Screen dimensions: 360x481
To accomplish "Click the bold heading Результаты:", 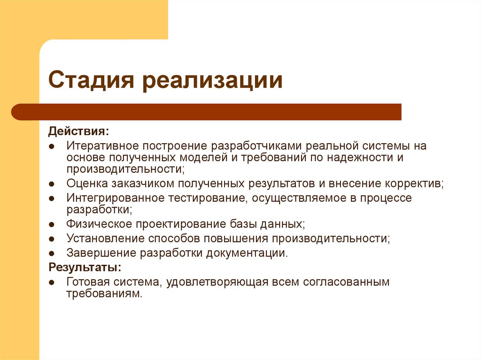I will pyautogui.click(x=85, y=268).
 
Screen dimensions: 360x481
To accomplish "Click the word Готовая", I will pyautogui.click(x=89, y=283).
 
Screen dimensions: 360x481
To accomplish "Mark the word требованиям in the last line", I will pyautogui.click(x=103, y=294).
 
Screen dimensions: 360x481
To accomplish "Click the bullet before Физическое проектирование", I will pyautogui.click(x=52, y=224).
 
